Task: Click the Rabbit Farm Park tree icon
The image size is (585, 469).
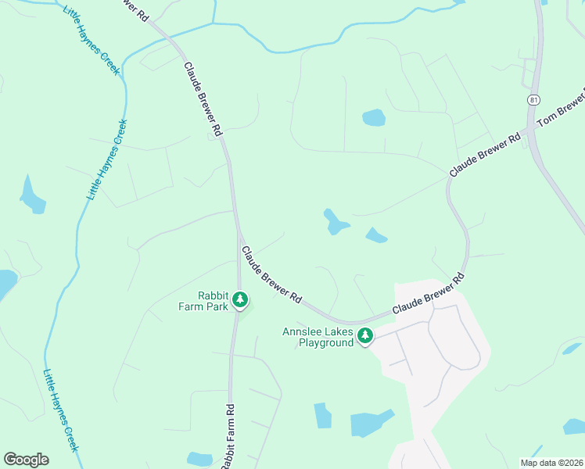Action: tap(241, 299)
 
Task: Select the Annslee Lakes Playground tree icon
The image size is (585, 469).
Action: tap(364, 336)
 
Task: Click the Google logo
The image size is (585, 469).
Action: tap(26, 460)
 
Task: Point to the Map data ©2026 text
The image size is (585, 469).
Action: tap(551, 462)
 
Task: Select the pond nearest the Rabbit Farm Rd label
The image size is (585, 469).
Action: tap(199, 459)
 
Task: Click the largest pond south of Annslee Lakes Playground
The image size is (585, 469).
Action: tap(372, 423)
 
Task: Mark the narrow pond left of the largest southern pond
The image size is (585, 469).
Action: tap(322, 415)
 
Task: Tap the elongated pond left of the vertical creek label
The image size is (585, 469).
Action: tap(32, 195)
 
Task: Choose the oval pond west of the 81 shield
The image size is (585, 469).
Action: tap(374, 118)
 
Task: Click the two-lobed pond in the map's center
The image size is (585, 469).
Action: tap(336, 222)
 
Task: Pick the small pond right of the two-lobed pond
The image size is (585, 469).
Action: tap(376, 235)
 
